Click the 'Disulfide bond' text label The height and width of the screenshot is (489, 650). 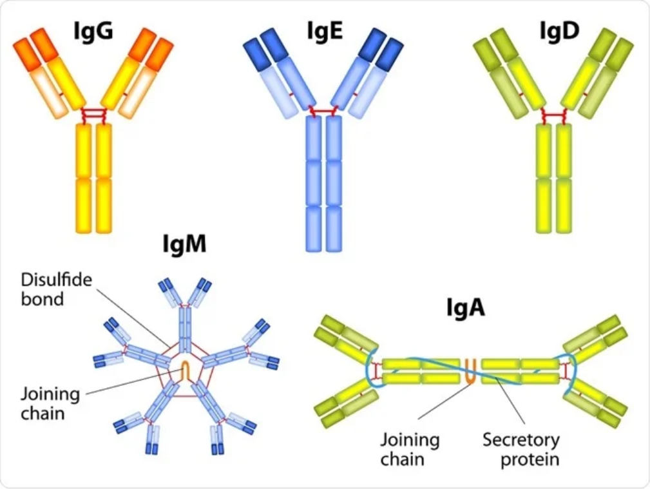point(57,290)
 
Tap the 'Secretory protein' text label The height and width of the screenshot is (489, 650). point(521,450)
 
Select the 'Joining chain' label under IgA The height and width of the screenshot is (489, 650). point(410,450)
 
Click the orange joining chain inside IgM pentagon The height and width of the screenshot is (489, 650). point(185,370)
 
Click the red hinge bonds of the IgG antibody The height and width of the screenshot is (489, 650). point(94,114)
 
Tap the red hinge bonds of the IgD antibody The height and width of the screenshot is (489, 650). point(553,115)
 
